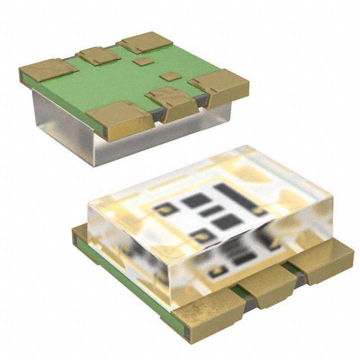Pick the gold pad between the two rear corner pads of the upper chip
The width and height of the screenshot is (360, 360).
pos(98,55)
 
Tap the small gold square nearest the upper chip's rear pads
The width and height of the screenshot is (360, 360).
pos(145,61)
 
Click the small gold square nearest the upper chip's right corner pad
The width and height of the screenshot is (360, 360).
pos(168,76)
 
